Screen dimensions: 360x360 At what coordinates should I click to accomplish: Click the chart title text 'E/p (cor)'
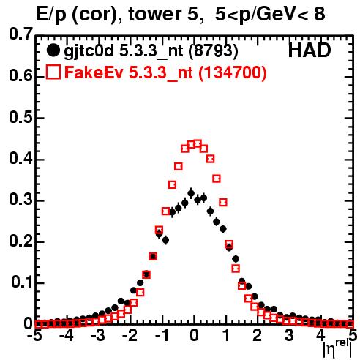(x=76, y=15)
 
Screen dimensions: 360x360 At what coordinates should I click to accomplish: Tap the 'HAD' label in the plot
(x=310, y=50)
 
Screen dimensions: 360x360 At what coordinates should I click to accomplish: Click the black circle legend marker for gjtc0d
(x=53, y=50)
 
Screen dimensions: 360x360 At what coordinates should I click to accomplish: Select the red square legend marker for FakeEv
(x=53, y=72)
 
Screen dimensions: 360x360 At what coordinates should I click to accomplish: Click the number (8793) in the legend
(x=213, y=50)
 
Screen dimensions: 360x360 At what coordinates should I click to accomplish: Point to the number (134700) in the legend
(x=232, y=72)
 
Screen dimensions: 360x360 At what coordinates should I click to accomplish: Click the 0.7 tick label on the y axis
(x=20, y=34)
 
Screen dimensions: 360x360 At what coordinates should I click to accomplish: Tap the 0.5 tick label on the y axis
(x=20, y=117)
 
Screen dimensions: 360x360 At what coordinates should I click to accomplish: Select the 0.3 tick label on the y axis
(x=20, y=200)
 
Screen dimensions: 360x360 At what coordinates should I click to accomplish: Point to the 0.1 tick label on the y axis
(x=21, y=282)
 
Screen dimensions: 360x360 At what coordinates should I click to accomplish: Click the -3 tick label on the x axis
(x=98, y=335)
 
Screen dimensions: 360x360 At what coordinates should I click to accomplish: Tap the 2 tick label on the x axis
(x=258, y=335)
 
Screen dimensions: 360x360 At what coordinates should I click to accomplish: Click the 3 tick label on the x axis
(x=289, y=335)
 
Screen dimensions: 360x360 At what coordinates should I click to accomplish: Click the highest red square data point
(x=198, y=143)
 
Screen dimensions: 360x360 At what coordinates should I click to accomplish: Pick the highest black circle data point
(x=191, y=194)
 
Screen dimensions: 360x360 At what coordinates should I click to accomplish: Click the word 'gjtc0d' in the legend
(x=89, y=52)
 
